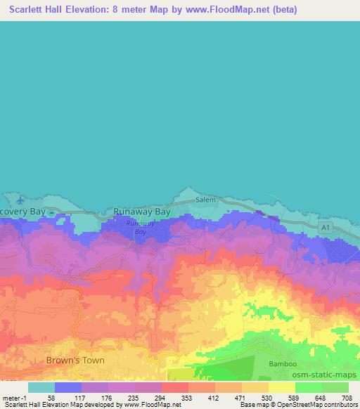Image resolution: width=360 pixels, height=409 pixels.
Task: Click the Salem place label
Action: coord(205,200)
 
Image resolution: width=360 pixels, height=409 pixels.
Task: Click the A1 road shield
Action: coord(324,228)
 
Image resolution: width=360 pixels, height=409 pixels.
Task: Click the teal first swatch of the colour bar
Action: coord(41,387)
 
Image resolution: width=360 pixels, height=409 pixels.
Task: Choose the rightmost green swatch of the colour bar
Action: coord(335,387)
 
